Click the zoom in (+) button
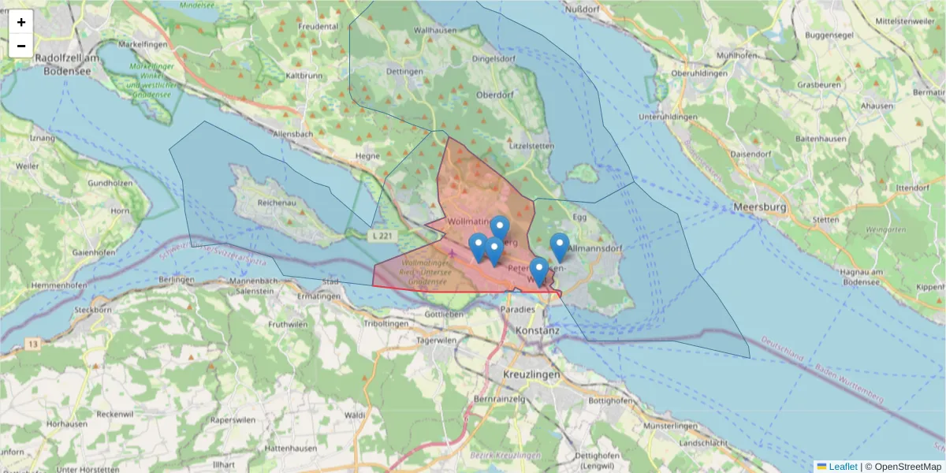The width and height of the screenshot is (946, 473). (21, 22)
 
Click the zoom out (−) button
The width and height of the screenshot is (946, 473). (21, 46)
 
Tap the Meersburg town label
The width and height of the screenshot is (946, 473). (760, 207)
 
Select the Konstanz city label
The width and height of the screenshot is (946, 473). (536, 331)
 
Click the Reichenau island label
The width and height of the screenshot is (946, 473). (276, 203)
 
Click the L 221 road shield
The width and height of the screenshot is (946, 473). (381, 236)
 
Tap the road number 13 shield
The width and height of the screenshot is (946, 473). (32, 345)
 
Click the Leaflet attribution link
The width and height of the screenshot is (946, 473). (843, 467)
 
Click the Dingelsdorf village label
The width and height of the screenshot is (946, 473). (493, 58)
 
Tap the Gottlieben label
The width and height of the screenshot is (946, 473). (443, 314)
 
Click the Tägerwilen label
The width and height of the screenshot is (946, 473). (437, 341)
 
